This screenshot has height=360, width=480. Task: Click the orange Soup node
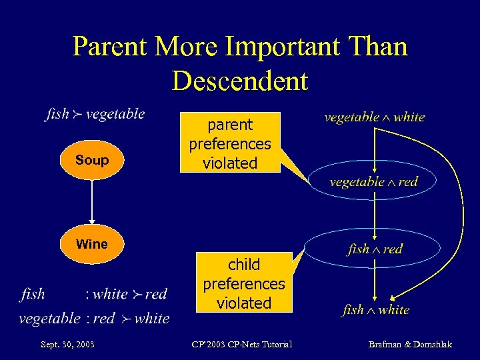point(92,161)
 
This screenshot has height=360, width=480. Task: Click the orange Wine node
point(92,244)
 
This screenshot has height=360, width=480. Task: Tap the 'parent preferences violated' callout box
point(230,143)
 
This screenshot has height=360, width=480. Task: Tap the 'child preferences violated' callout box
point(243,283)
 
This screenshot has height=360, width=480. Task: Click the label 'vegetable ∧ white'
point(374,117)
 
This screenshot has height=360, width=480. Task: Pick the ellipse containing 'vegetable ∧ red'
point(373,182)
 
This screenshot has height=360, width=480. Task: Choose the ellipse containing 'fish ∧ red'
point(375,249)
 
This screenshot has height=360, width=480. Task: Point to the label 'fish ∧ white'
point(375,310)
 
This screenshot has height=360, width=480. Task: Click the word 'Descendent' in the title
point(240,81)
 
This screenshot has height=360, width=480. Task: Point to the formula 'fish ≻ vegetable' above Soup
point(95,114)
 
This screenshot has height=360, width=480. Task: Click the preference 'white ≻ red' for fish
point(129,294)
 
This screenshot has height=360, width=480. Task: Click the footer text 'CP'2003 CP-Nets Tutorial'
point(241,344)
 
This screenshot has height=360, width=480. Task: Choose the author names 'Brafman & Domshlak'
point(410,344)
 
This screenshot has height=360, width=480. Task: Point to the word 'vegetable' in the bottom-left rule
point(49,319)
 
